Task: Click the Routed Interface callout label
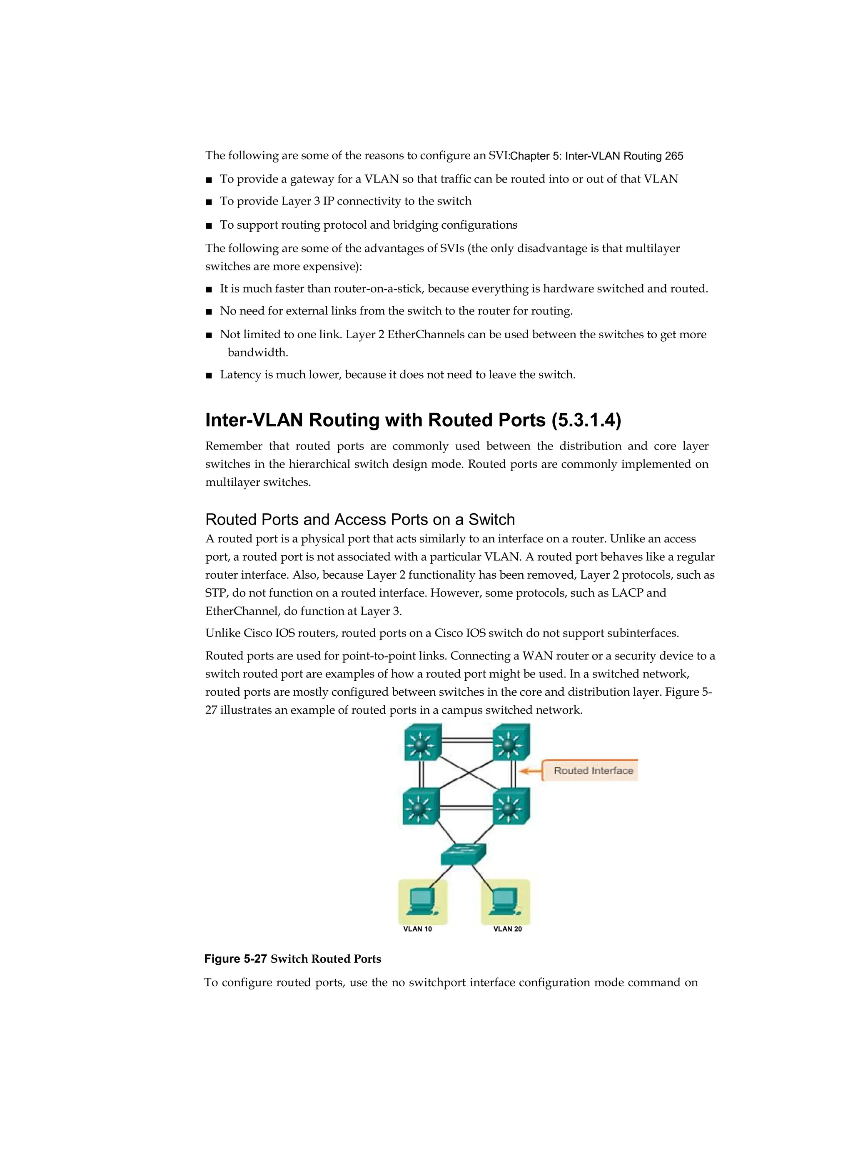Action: pyautogui.click(x=593, y=771)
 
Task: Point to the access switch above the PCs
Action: pyautogui.click(x=464, y=854)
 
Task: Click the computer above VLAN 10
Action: pyautogui.click(x=422, y=902)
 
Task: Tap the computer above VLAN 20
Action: pyautogui.click(x=505, y=902)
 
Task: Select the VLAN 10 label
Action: pyautogui.click(x=417, y=929)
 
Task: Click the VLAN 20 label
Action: pyautogui.click(x=507, y=929)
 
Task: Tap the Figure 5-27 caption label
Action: pyautogui.click(x=235, y=959)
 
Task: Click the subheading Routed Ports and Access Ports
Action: pyautogui.click(x=360, y=519)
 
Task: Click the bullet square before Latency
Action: pyautogui.click(x=209, y=375)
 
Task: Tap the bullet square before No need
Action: pyautogui.click(x=209, y=312)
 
